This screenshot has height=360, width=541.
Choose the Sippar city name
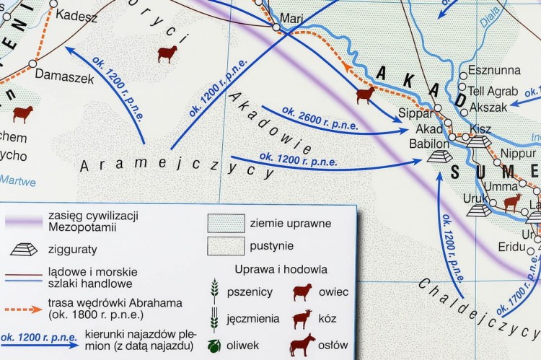(x=415, y=113)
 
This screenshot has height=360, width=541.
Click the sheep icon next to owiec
(x=302, y=292)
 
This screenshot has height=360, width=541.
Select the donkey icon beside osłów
(x=302, y=343)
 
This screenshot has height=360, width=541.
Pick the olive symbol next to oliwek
(x=214, y=344)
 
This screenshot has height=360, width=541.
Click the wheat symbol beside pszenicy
(x=214, y=292)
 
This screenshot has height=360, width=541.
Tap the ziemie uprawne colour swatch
(x=225, y=223)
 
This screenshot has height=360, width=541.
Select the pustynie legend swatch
(x=225, y=246)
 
